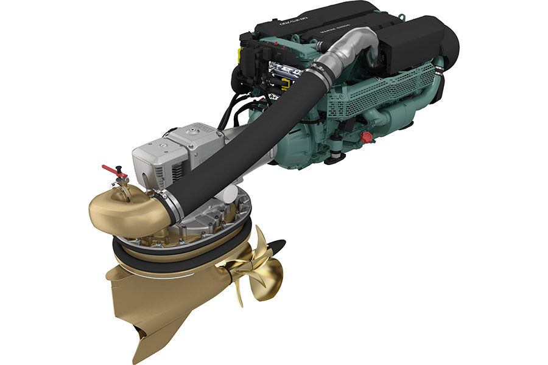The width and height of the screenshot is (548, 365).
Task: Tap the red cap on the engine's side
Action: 366,137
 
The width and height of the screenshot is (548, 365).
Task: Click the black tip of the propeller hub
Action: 277,246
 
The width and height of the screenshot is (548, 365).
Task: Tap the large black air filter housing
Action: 420,43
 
